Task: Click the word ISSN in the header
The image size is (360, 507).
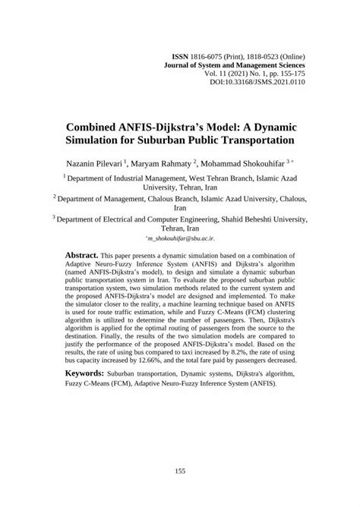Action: pyautogui.click(x=180, y=57)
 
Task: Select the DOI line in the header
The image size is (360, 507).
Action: pyautogui.click(x=258, y=84)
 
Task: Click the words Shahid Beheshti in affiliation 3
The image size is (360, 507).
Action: pyautogui.click(x=237, y=217)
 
